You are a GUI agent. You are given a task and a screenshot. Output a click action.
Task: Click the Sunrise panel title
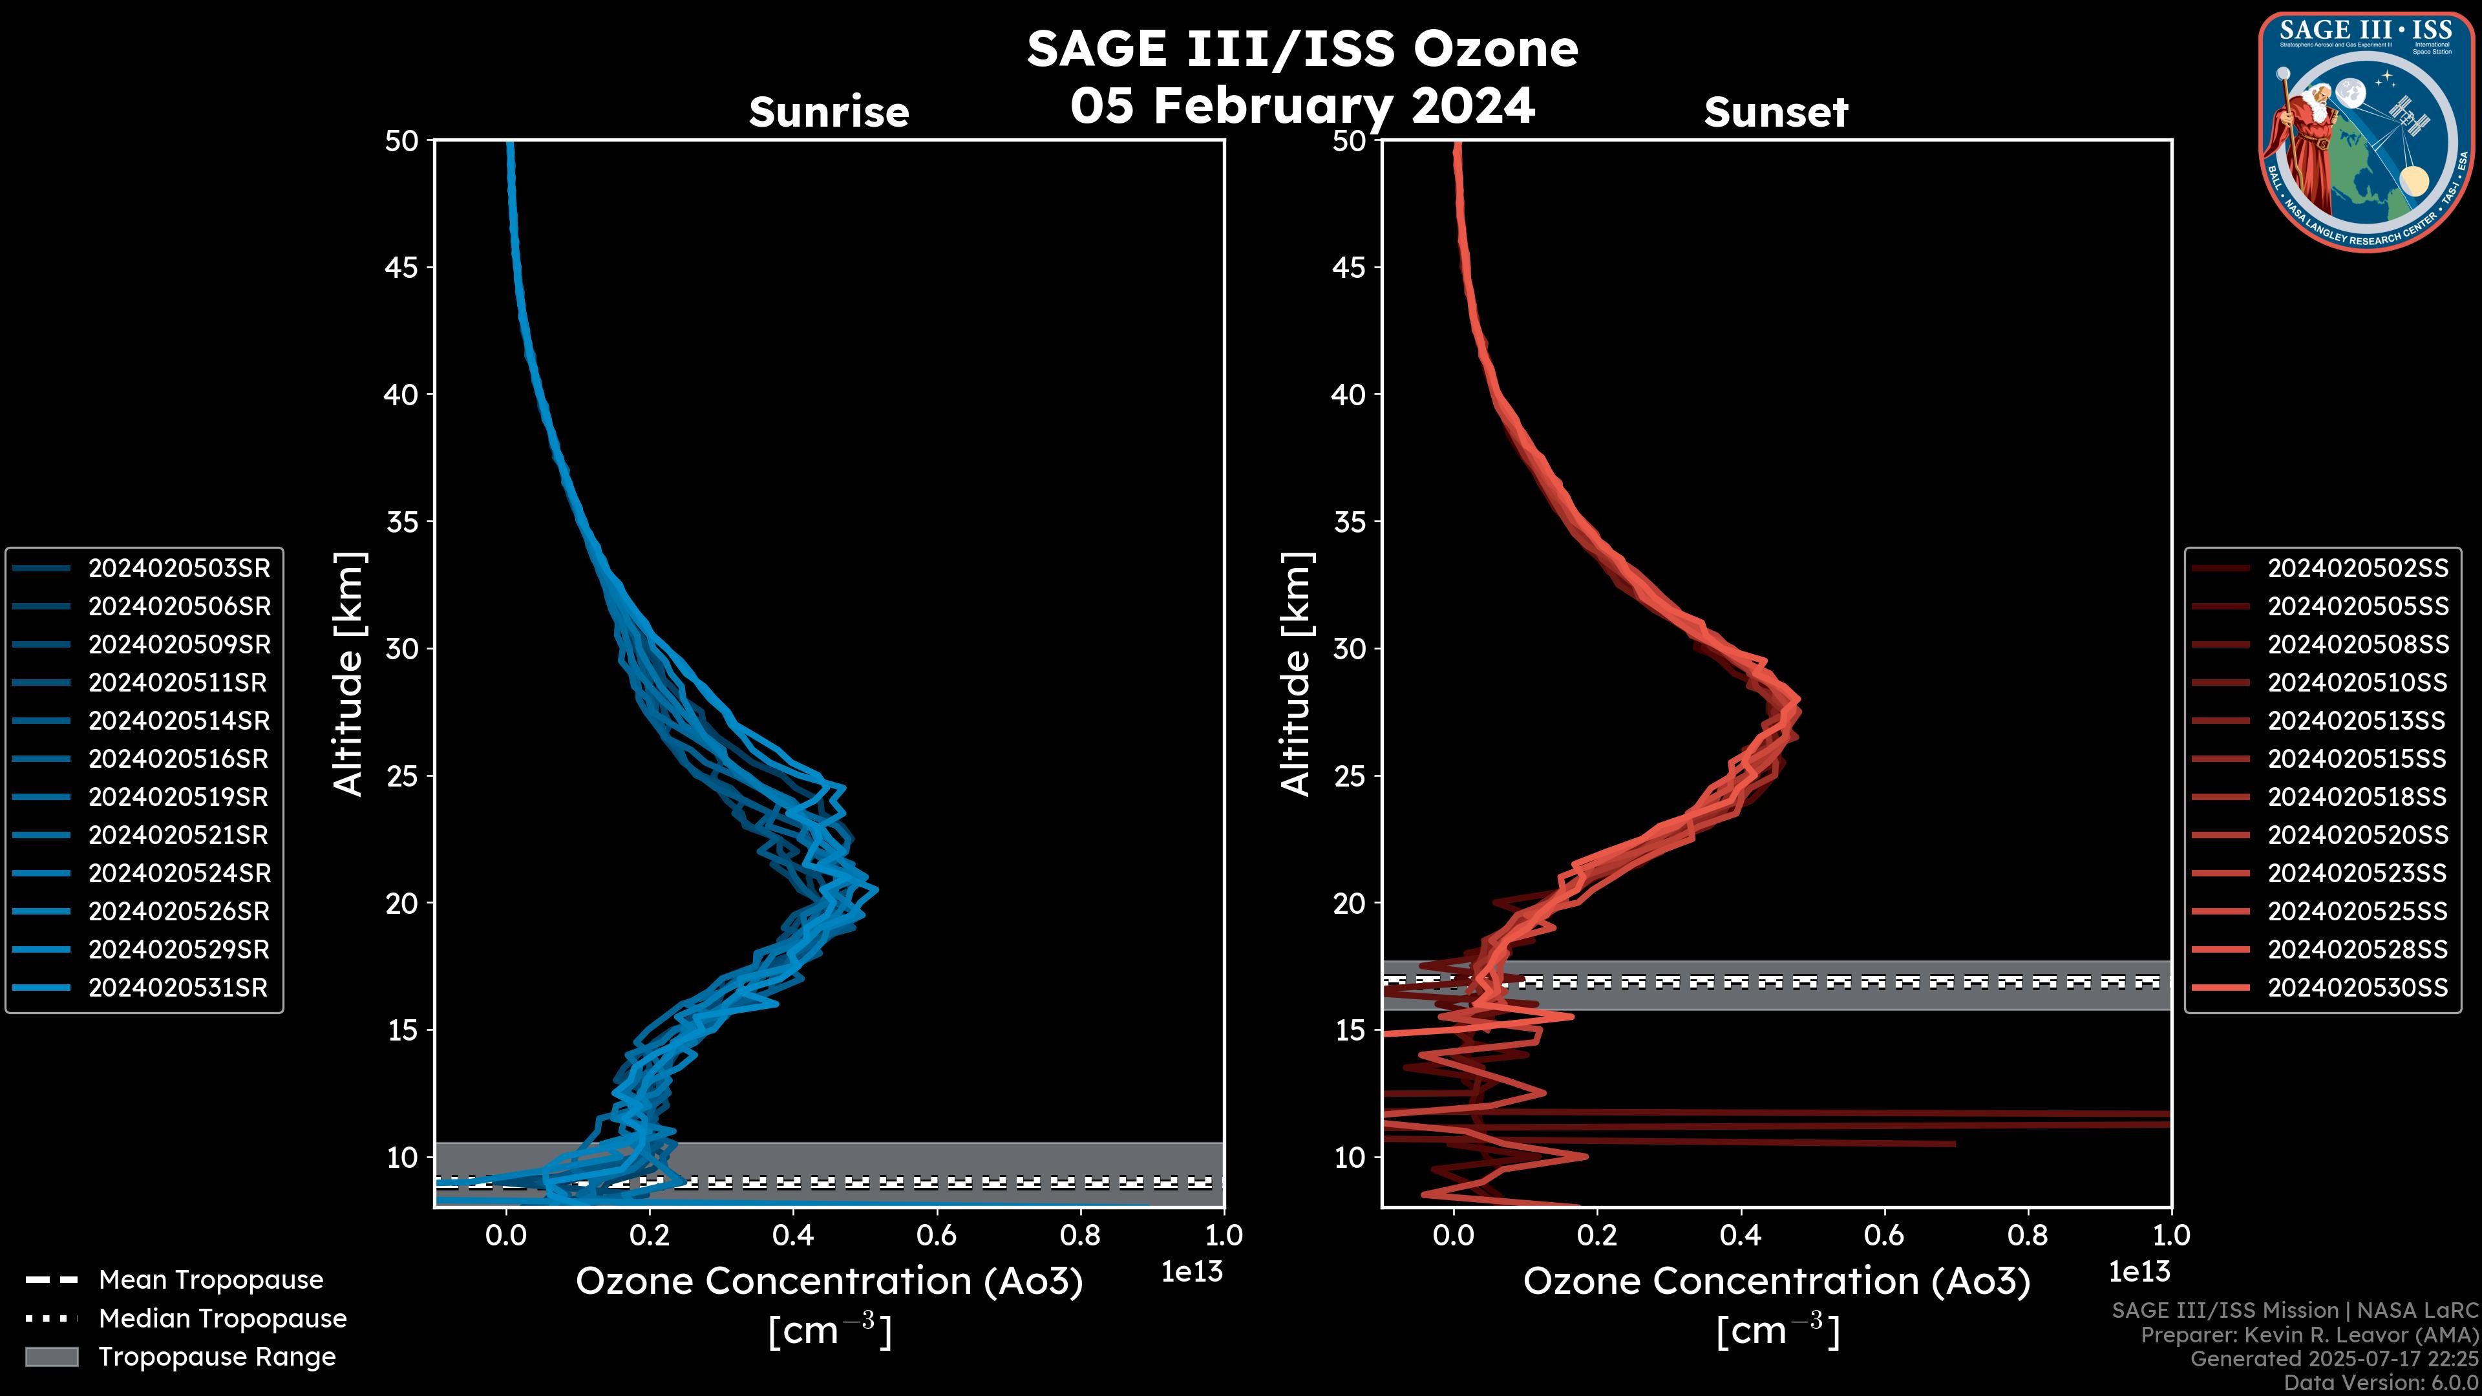(x=829, y=112)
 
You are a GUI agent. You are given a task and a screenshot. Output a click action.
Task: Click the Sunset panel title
(x=1776, y=112)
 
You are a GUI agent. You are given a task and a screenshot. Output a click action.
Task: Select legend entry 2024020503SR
(x=179, y=569)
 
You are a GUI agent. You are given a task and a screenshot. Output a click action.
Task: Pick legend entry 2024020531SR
(x=178, y=988)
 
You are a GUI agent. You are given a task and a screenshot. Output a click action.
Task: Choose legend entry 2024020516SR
(x=178, y=759)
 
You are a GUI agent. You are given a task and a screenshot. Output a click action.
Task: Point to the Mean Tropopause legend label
(x=211, y=1280)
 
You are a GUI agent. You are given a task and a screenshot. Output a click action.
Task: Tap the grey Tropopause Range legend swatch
(x=51, y=1357)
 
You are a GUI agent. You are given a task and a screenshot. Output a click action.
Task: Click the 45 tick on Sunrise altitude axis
(x=402, y=268)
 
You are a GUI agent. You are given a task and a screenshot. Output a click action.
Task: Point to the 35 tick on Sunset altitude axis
(x=1350, y=522)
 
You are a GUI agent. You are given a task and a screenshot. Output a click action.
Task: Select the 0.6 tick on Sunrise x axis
(x=937, y=1234)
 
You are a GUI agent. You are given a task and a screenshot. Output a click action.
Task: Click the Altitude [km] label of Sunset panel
(x=1296, y=674)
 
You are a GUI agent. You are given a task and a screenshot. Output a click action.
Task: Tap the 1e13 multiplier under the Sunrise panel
(x=1192, y=1272)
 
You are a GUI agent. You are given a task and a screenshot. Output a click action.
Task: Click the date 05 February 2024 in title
(x=1302, y=105)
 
